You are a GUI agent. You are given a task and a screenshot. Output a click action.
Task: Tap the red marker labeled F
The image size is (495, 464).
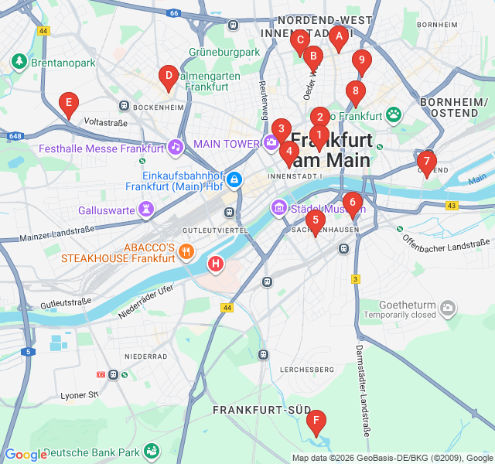tap(316, 422)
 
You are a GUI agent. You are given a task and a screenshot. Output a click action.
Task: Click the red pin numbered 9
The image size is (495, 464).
tap(361, 61)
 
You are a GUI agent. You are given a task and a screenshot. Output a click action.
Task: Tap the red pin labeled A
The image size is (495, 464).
tap(338, 36)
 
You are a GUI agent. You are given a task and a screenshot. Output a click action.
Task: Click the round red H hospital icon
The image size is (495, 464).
tap(216, 265)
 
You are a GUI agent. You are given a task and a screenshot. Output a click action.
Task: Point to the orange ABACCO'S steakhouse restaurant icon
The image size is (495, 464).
tap(186, 251)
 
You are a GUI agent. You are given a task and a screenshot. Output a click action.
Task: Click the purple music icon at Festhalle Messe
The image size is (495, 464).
tap(176, 146)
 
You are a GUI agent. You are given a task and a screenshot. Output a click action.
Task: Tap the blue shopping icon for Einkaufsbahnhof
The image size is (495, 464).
tap(234, 180)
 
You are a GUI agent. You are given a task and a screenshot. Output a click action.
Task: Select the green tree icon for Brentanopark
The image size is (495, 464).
tap(19, 60)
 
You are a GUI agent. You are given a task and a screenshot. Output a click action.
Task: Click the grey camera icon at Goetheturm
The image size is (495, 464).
tap(447, 309)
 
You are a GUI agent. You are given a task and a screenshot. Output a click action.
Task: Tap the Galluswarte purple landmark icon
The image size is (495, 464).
tap(145, 210)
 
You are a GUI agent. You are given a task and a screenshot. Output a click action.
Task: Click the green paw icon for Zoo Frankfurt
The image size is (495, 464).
tap(394, 115)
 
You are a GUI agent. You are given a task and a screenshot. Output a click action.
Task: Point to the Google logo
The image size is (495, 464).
tap(26, 455)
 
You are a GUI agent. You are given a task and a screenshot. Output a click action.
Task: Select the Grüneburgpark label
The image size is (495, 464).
tap(224, 53)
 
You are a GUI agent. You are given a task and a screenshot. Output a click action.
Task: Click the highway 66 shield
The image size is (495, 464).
tap(175, 13)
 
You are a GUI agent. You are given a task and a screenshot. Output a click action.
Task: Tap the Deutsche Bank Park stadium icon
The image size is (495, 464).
tap(152, 451)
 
